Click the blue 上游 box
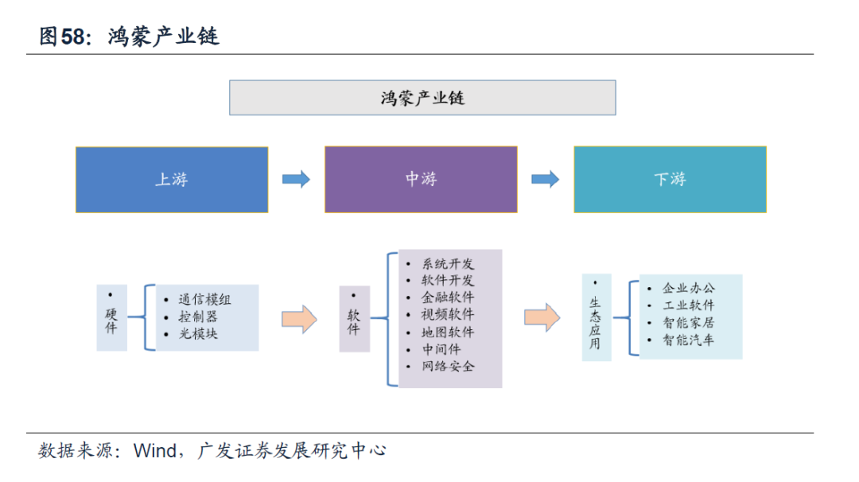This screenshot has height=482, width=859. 172,180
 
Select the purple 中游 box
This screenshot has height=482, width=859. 421,179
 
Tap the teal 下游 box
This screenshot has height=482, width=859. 670,179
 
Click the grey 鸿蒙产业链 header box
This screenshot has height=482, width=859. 422,98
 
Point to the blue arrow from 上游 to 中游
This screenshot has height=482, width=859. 297,179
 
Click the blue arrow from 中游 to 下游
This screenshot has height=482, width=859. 546,179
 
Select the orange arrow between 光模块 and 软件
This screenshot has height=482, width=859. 299,319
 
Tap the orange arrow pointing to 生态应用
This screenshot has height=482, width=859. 542,317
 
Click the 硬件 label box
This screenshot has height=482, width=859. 112,317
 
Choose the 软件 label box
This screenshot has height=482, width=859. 355,319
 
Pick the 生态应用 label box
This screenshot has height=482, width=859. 596,317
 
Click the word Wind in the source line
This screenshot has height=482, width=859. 155,451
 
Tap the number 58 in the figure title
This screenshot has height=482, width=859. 72,37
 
